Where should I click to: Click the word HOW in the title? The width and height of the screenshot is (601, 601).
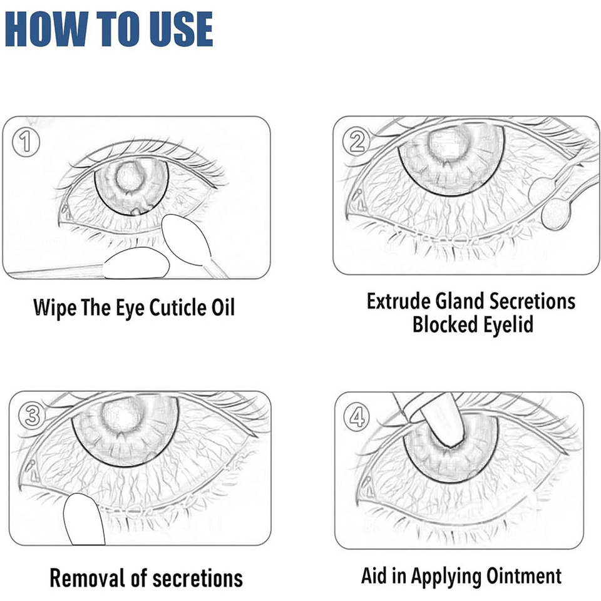tap(46, 29)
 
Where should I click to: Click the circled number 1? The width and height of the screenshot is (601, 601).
tap(26, 142)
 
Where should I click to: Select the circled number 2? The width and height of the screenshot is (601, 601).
tap(356, 141)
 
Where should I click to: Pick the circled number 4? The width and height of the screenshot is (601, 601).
tap(356, 417)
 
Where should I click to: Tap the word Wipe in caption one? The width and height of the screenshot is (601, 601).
tap(54, 309)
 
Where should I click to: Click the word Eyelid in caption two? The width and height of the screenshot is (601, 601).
tap(508, 325)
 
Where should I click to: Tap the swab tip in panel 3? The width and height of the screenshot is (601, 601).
tap(83, 520)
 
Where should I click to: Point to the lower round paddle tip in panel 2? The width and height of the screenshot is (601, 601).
tap(555, 215)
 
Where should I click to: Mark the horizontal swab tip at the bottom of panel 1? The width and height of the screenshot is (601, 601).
tap(136, 263)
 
